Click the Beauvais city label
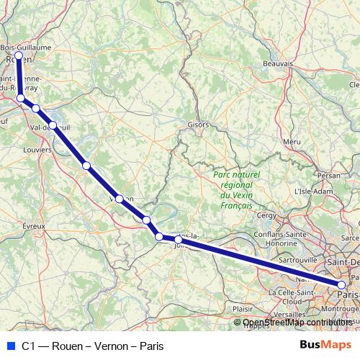[276, 63]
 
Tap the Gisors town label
[197, 124]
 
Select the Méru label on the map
[292, 142]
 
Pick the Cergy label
[266, 215]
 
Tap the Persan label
[328, 175]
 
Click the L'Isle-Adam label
[312, 192]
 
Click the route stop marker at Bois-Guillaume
[19, 55]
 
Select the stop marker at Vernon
[119, 198]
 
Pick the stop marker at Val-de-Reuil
[53, 125]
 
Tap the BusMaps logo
[320, 346]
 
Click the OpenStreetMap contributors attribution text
[297, 323]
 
